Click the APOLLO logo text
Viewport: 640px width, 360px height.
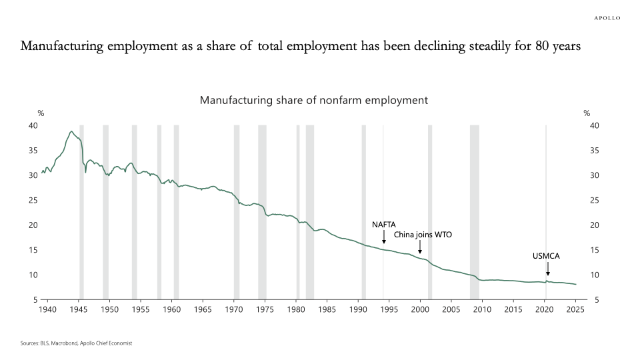(607, 18)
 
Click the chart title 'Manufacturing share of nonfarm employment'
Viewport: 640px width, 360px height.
(313, 100)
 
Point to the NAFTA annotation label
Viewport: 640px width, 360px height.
(384, 225)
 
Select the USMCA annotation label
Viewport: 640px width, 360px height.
(547, 256)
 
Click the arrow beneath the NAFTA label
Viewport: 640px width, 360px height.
(384, 237)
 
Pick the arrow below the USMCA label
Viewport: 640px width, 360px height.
(547, 269)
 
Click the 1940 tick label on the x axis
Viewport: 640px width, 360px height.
(47, 309)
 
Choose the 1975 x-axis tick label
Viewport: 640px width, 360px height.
(265, 309)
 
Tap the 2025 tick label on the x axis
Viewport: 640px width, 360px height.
(575, 309)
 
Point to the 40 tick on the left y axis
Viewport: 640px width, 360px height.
(33, 125)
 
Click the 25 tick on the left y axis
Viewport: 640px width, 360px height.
(33, 200)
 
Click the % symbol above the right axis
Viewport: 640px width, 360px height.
(587, 113)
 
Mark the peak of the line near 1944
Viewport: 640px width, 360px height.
(71, 131)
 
